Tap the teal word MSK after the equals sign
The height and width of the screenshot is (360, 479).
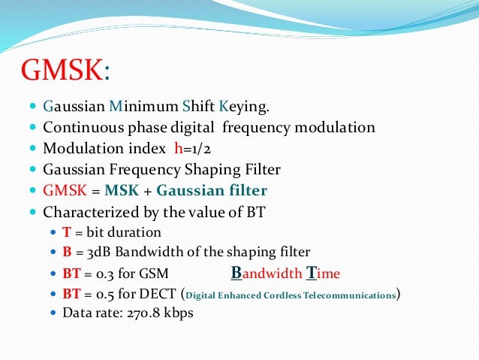click(122, 191)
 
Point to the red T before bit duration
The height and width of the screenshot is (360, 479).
click(66, 233)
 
